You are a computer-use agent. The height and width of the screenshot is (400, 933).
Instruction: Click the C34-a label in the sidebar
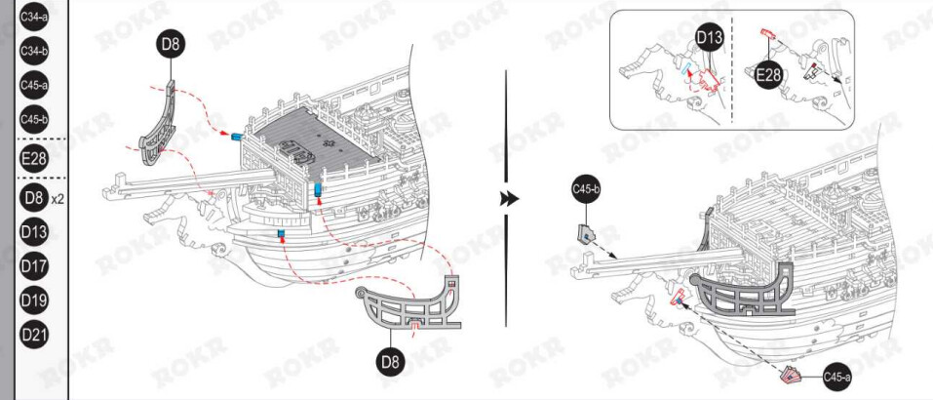[x=34, y=17]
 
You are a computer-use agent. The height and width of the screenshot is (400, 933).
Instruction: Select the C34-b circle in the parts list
[x=34, y=51]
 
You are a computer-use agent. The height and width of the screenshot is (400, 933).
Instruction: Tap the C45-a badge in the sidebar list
[x=34, y=85]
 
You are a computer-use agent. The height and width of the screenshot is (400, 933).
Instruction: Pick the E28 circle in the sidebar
[x=34, y=158]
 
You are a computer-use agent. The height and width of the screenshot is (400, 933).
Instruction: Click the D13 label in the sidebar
[x=34, y=232]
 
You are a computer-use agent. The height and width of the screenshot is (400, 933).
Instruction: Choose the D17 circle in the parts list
[x=34, y=266]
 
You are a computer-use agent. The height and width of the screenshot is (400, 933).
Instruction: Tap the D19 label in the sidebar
[x=34, y=300]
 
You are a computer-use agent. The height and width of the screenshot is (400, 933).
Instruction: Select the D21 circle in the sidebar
[x=34, y=334]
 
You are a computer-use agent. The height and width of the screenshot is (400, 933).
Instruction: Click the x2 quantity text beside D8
[x=58, y=199]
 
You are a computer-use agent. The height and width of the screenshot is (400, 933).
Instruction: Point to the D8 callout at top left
[x=171, y=43]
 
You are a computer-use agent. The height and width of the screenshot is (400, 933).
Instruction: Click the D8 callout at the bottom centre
[x=391, y=361]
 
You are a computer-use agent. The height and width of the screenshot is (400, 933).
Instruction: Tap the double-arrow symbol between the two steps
[x=509, y=199]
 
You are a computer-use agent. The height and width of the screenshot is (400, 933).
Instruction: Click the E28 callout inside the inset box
[x=769, y=75]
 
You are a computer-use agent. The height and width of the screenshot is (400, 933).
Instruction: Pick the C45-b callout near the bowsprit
[x=586, y=189]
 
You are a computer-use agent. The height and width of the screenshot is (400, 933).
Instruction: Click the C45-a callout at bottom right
[x=837, y=377]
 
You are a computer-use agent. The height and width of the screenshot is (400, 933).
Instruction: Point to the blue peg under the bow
[x=281, y=234]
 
